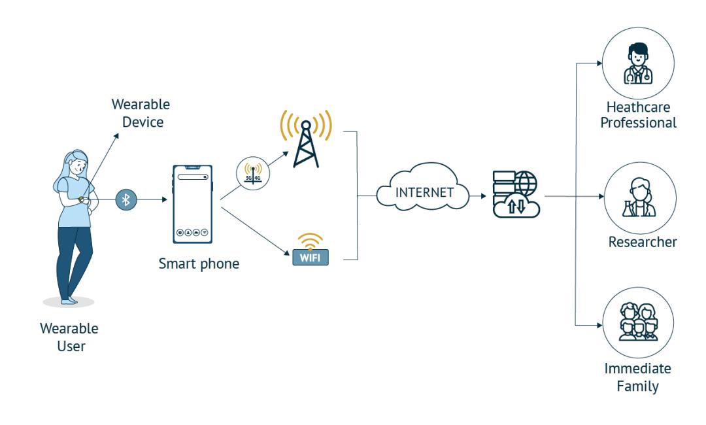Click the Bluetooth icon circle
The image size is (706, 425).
pyautogui.click(x=127, y=199)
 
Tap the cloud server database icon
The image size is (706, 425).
pyautogui.click(x=516, y=194)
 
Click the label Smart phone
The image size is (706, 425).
pyautogui.click(x=199, y=265)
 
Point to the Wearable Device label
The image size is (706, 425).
pyautogui.click(x=141, y=112)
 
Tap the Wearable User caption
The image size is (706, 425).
pyautogui.click(x=70, y=337)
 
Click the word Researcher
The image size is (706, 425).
pyautogui.click(x=643, y=242)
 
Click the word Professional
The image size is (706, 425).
pyautogui.click(x=640, y=123)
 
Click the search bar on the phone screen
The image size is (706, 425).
pyautogui.click(x=192, y=177)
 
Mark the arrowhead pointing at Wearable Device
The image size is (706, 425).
pyautogui.click(x=118, y=135)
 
